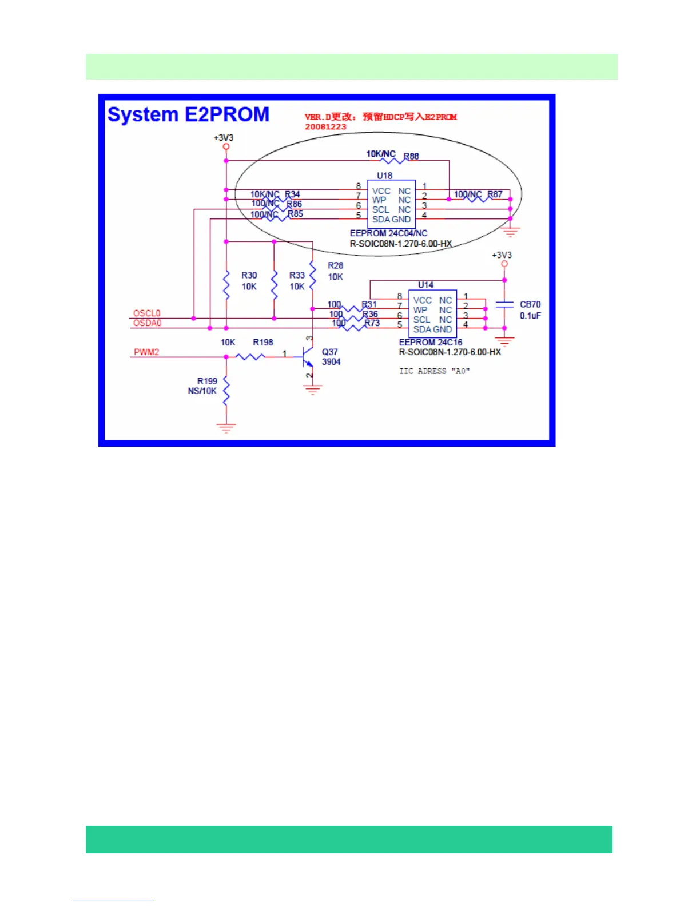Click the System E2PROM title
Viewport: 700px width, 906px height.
pyautogui.click(x=188, y=115)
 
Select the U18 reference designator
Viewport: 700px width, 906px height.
pyautogui.click(x=384, y=176)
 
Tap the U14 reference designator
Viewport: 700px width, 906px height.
pyautogui.click(x=425, y=285)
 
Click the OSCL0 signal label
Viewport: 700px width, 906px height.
pyautogui.click(x=146, y=313)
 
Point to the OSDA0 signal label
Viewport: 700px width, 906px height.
pyautogui.click(x=147, y=323)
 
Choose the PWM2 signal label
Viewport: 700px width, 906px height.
pyautogui.click(x=146, y=352)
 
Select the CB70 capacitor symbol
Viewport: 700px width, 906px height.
pyautogui.click(x=504, y=305)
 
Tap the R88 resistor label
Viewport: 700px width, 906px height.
pyautogui.click(x=411, y=156)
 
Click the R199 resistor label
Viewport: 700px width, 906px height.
pyautogui.click(x=207, y=381)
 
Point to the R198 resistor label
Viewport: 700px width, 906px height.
pyautogui.click(x=263, y=342)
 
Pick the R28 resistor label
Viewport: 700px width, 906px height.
pyautogui.click(x=336, y=265)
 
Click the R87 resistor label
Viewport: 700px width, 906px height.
pyautogui.click(x=495, y=194)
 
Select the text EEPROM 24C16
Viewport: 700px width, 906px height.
pyautogui.click(x=431, y=342)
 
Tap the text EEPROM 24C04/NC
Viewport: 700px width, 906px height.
pyautogui.click(x=388, y=233)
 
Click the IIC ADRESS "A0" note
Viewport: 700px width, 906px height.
pyautogui.click(x=434, y=371)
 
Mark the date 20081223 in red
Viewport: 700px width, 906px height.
pyautogui.click(x=325, y=126)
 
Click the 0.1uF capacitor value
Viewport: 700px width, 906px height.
pyautogui.click(x=530, y=316)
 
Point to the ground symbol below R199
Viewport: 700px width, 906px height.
pyautogui.click(x=226, y=427)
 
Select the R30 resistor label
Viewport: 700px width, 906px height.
pyautogui.click(x=249, y=275)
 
